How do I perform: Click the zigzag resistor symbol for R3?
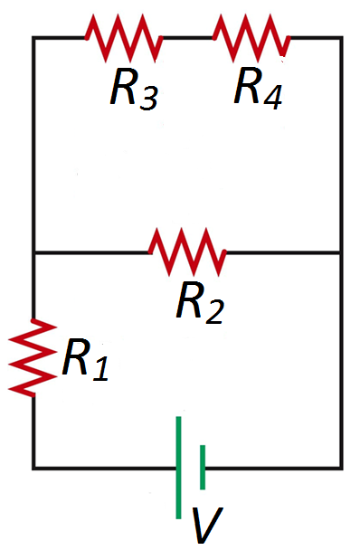pos(123,38)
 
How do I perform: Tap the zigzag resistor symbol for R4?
pos(251,38)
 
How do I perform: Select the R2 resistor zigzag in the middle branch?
pos(187,252)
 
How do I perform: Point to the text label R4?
pos(259,88)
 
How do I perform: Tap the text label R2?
pos(200,303)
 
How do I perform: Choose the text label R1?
pos(84,361)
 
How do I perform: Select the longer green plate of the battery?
pos(179,467)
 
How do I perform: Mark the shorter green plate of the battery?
pos(203,467)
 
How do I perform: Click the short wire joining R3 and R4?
pos(187,38)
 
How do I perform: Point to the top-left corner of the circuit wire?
pos(33,38)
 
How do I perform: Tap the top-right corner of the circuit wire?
pos(341,38)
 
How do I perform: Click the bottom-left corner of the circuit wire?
pos(33,468)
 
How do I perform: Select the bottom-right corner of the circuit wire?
pos(341,468)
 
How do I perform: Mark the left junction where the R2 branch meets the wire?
pos(33,253)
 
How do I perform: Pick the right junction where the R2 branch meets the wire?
pos(341,253)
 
